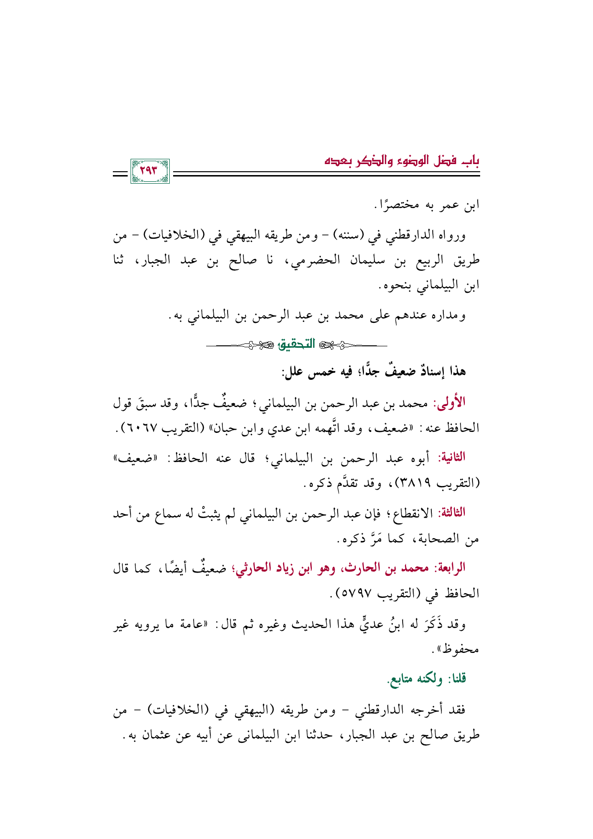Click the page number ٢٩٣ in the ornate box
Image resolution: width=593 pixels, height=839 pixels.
point(150,171)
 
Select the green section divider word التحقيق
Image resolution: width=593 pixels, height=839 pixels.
point(296,344)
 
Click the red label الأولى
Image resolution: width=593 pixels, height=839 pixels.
point(449,402)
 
